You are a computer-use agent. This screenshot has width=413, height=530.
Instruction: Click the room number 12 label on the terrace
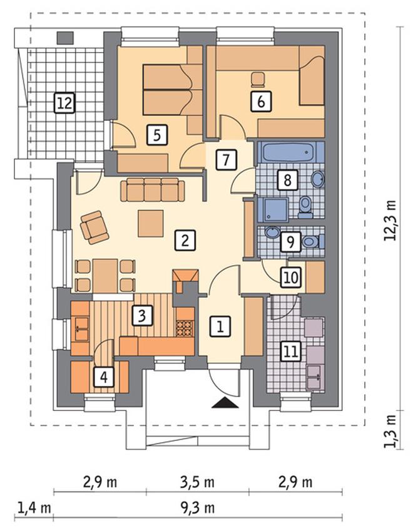[x=64, y=103]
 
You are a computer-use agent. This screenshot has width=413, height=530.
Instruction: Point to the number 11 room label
[x=291, y=351]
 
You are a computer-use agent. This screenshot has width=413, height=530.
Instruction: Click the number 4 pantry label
[x=104, y=377]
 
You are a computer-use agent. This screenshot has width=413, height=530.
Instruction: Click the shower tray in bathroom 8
[x=273, y=209]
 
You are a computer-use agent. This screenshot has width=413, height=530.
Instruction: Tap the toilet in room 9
[x=313, y=242]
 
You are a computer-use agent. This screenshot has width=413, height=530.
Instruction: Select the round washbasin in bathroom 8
[x=317, y=179]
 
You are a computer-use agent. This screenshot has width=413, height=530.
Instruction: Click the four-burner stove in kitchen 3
[x=185, y=328]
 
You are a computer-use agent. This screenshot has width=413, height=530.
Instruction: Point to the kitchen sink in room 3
[x=80, y=328]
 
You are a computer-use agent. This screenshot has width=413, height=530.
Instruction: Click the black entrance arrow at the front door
[x=225, y=403]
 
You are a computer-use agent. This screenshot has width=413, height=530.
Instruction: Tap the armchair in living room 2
[x=94, y=227]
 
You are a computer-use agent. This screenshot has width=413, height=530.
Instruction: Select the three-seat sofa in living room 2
[x=153, y=190]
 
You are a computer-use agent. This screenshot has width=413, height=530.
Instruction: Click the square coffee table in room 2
[x=151, y=224]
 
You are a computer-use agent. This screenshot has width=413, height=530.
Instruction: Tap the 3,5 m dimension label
[x=198, y=482]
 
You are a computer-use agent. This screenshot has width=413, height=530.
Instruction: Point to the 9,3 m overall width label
[x=198, y=507]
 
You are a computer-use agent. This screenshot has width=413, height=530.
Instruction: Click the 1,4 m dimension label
[x=34, y=507]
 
